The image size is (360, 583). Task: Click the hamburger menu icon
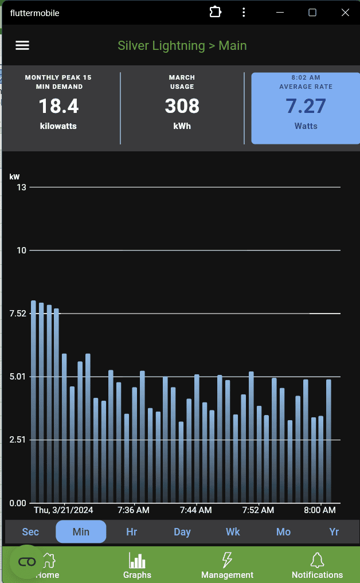[22, 46]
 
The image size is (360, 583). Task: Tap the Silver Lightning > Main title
[182, 46]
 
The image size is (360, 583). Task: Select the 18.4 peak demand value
[58, 106]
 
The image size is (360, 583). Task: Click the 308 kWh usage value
[182, 106]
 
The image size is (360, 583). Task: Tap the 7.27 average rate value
[306, 106]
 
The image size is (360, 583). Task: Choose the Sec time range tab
[30, 531]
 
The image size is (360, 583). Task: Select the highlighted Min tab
[81, 531]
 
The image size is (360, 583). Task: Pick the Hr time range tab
[131, 531]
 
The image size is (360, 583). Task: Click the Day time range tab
[182, 531]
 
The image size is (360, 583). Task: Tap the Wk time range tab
[233, 531]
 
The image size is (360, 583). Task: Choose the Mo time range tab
[283, 531]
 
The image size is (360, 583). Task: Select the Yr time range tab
[334, 531]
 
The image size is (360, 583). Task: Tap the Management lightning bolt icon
[227, 560]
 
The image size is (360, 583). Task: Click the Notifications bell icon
[317, 560]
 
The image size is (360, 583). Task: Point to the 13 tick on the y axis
[21, 187]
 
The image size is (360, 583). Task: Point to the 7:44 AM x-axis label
[195, 510]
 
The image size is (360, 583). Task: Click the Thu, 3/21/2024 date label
[64, 510]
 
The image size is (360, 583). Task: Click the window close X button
[345, 13]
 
